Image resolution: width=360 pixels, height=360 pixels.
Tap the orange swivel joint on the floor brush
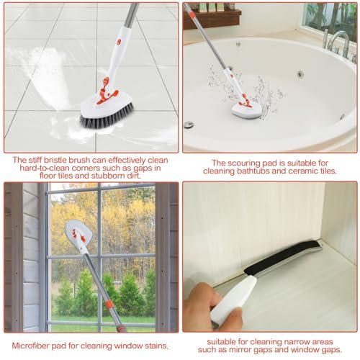click(x=107, y=91)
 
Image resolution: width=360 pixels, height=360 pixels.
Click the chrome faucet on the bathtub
click(x=337, y=44)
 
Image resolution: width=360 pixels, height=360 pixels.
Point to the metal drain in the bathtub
click(x=189, y=125)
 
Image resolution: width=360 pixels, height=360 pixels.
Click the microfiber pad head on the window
click(x=78, y=233)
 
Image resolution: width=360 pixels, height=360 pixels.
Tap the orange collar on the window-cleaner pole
click(x=110, y=305)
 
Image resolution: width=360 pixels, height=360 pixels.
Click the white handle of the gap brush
click(x=233, y=298)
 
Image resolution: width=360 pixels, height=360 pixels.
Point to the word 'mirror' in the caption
click(x=239, y=350)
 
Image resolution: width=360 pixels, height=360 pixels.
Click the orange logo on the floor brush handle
click(x=118, y=42)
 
